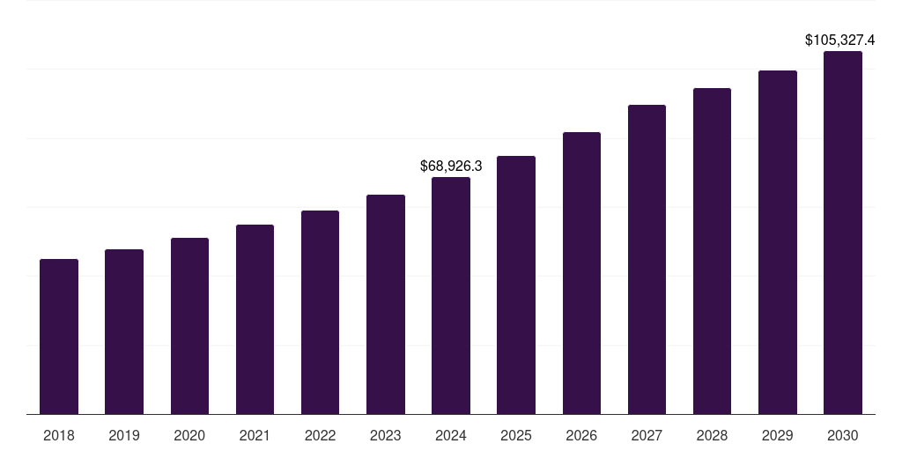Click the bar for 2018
59,336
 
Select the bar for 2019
124,331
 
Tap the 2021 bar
255,319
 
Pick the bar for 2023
386,304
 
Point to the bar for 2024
451,295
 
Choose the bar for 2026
581,273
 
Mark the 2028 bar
712,251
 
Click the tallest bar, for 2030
843,233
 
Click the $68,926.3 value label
451,166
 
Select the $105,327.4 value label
840,41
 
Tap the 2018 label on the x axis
59,435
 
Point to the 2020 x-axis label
189,435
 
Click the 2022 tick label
320,435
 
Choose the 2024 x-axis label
451,435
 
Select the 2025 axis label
516,435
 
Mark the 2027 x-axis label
647,435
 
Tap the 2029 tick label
777,435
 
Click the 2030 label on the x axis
843,435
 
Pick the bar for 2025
516,285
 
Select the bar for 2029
777,242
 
